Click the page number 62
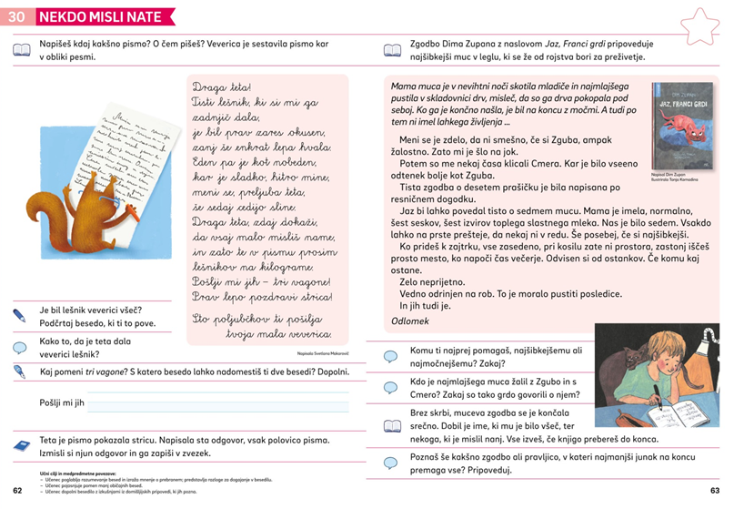pyautogui.click(x=17, y=491)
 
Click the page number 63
pyautogui.click(x=715, y=491)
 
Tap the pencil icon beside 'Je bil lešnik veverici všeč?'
pyautogui.click(x=20, y=316)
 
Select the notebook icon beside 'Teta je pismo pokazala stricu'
pyautogui.click(x=21, y=445)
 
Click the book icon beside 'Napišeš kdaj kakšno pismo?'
pyautogui.click(x=21, y=49)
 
